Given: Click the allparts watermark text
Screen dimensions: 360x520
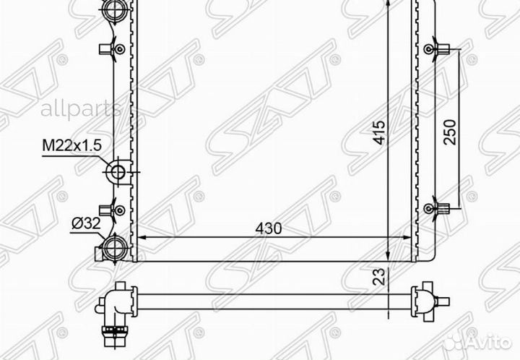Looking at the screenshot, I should [x=79, y=109].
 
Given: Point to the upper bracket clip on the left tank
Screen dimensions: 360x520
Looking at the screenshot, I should [x=110, y=49].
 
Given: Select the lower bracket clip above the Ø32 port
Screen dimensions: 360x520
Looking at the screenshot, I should [x=110, y=210].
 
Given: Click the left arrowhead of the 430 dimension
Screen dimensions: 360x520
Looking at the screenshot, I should [x=141, y=236].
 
